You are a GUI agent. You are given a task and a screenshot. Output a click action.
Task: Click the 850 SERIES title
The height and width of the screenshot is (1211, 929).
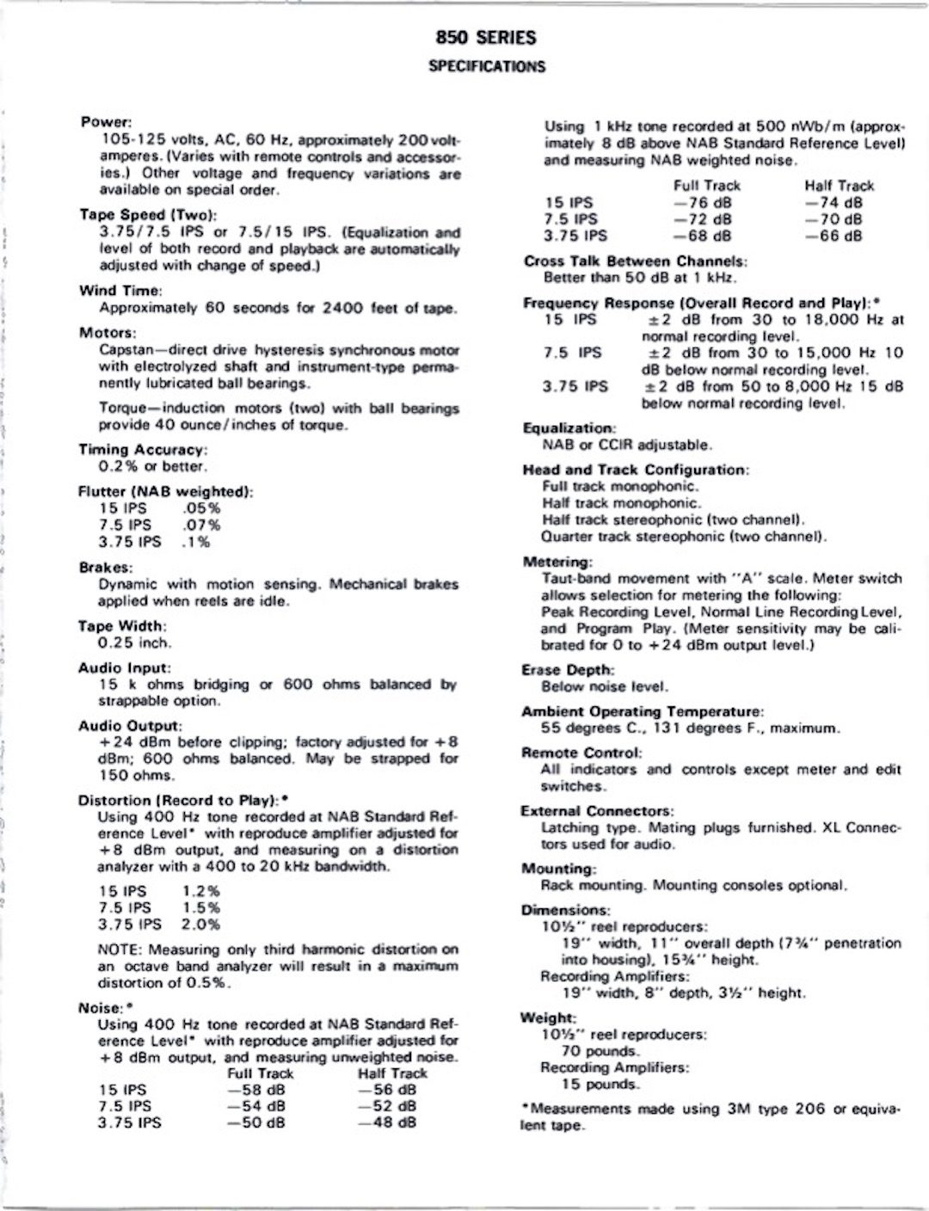click(x=486, y=37)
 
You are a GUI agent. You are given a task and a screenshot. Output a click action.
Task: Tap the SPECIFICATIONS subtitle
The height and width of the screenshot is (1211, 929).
click(x=486, y=66)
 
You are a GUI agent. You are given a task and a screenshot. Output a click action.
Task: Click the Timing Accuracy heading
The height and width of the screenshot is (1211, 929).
click(x=143, y=450)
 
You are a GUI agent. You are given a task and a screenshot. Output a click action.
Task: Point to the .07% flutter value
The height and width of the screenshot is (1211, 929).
click(x=202, y=526)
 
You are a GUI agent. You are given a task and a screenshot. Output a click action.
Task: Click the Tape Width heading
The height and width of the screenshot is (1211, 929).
click(x=122, y=626)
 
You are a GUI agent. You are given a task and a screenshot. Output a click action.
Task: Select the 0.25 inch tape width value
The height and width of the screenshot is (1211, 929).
click(x=135, y=642)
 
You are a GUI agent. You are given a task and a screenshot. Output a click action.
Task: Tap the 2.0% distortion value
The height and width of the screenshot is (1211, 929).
click(x=201, y=925)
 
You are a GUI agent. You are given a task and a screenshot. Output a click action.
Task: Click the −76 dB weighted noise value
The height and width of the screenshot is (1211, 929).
click(x=703, y=203)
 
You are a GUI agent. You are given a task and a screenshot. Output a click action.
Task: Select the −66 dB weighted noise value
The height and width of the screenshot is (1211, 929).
click(x=834, y=236)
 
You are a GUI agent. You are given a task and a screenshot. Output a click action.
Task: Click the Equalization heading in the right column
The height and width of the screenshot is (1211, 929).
click(x=569, y=428)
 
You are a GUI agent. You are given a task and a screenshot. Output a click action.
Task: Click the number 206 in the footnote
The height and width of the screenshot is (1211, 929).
click(x=810, y=1110)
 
